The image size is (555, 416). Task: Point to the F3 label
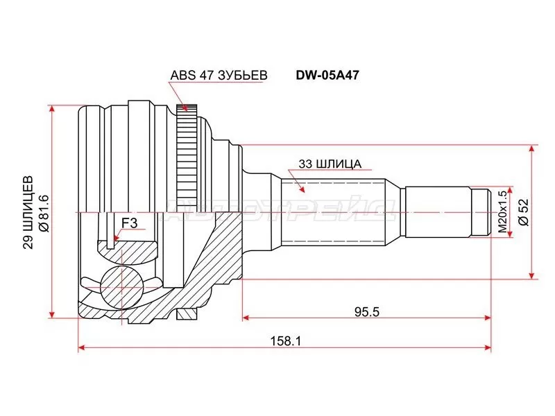tap(130, 223)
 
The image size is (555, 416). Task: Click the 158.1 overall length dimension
tap(285, 340)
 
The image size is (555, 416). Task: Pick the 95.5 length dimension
tap(367, 312)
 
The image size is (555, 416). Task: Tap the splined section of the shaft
tap(333, 212)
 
